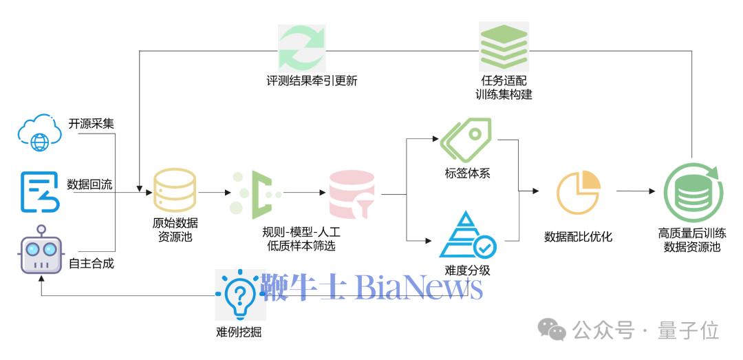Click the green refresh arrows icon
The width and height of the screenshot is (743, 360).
(301, 46)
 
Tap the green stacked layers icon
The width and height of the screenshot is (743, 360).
(504, 45)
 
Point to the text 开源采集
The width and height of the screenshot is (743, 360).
(91, 124)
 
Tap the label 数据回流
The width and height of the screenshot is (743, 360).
(90, 184)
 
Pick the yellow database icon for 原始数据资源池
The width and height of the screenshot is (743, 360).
(174, 189)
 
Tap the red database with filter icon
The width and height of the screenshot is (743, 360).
(352, 193)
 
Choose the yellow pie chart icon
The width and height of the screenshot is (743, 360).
(578, 193)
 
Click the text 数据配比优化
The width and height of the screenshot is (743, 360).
(578, 237)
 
